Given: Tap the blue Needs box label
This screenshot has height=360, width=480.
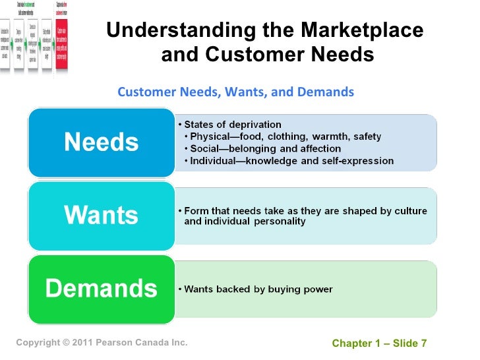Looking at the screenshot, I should [101, 142].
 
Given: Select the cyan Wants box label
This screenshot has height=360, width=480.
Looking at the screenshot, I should [101, 215].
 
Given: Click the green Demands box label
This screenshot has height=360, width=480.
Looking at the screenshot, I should [101, 288].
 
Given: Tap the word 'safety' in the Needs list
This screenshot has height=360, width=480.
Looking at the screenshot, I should [366, 136].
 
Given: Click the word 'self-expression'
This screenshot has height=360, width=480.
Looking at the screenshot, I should [359, 160].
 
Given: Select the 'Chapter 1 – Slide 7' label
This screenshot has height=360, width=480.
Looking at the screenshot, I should [379, 344].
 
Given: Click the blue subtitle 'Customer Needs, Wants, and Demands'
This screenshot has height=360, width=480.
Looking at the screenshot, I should [235, 92].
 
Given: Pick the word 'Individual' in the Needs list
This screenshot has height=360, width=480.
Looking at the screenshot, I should [214, 160].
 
